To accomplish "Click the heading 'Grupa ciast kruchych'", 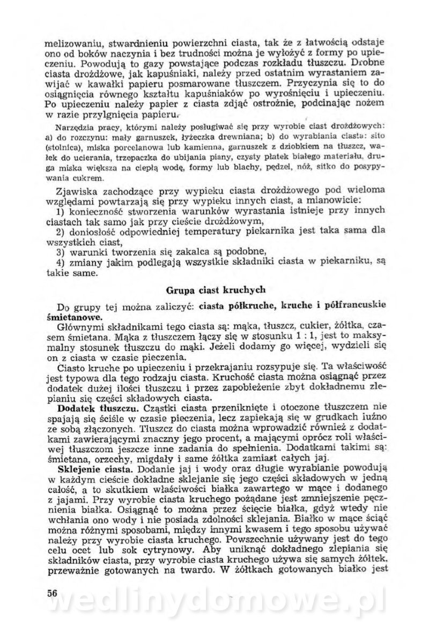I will click(x=214, y=291).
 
